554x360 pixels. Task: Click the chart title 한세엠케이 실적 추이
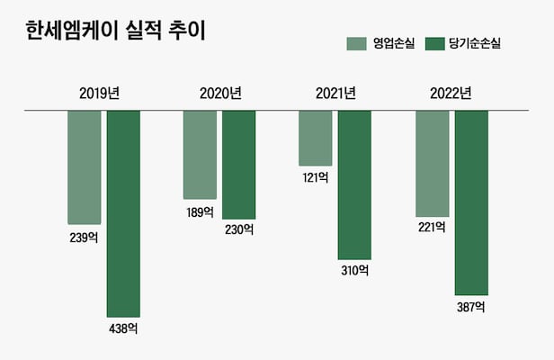pyautogui.click(x=115, y=32)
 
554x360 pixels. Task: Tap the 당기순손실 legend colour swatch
pyautogui.click(x=434, y=43)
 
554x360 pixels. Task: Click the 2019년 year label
pyautogui.click(x=103, y=93)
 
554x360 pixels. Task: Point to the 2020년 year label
pyautogui.click(x=220, y=93)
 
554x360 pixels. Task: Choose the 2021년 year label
pyautogui.click(x=336, y=93)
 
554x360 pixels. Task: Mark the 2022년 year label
pyautogui.click(x=451, y=93)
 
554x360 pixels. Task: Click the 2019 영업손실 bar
pyautogui.click(x=85, y=167)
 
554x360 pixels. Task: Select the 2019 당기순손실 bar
pyautogui.click(x=123, y=213)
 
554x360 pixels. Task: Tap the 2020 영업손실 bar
pyautogui.click(x=200, y=155)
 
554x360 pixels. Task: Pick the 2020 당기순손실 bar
pyautogui.click(x=238, y=165)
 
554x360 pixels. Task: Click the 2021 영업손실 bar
pyautogui.click(x=316, y=139)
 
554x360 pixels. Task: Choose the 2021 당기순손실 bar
pyautogui.click(x=354, y=184)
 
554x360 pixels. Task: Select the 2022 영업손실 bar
pyautogui.click(x=432, y=163)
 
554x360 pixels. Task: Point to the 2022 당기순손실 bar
pyautogui.click(x=470, y=202)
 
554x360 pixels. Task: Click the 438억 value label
pyautogui.click(x=123, y=328)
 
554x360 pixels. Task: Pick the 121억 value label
pyautogui.click(x=316, y=178)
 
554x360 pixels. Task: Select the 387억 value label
pyautogui.click(x=470, y=307)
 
